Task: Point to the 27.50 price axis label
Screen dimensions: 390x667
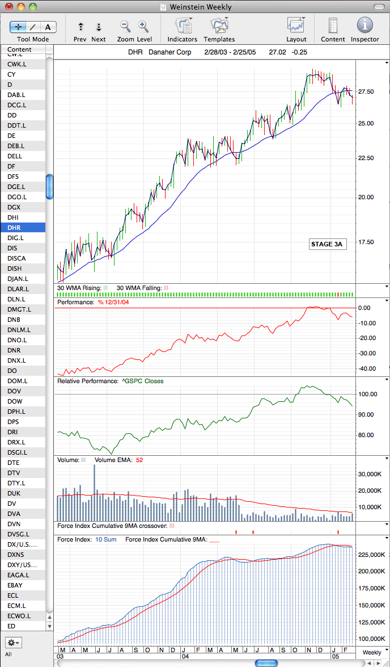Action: (366, 91)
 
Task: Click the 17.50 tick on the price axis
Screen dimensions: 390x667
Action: (366, 242)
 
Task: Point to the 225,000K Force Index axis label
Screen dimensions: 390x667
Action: (371, 555)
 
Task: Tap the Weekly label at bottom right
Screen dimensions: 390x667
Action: (372, 652)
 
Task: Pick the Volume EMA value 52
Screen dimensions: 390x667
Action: (139, 460)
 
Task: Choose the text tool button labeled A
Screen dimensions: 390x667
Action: (48, 28)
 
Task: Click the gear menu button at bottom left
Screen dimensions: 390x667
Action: (14, 642)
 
